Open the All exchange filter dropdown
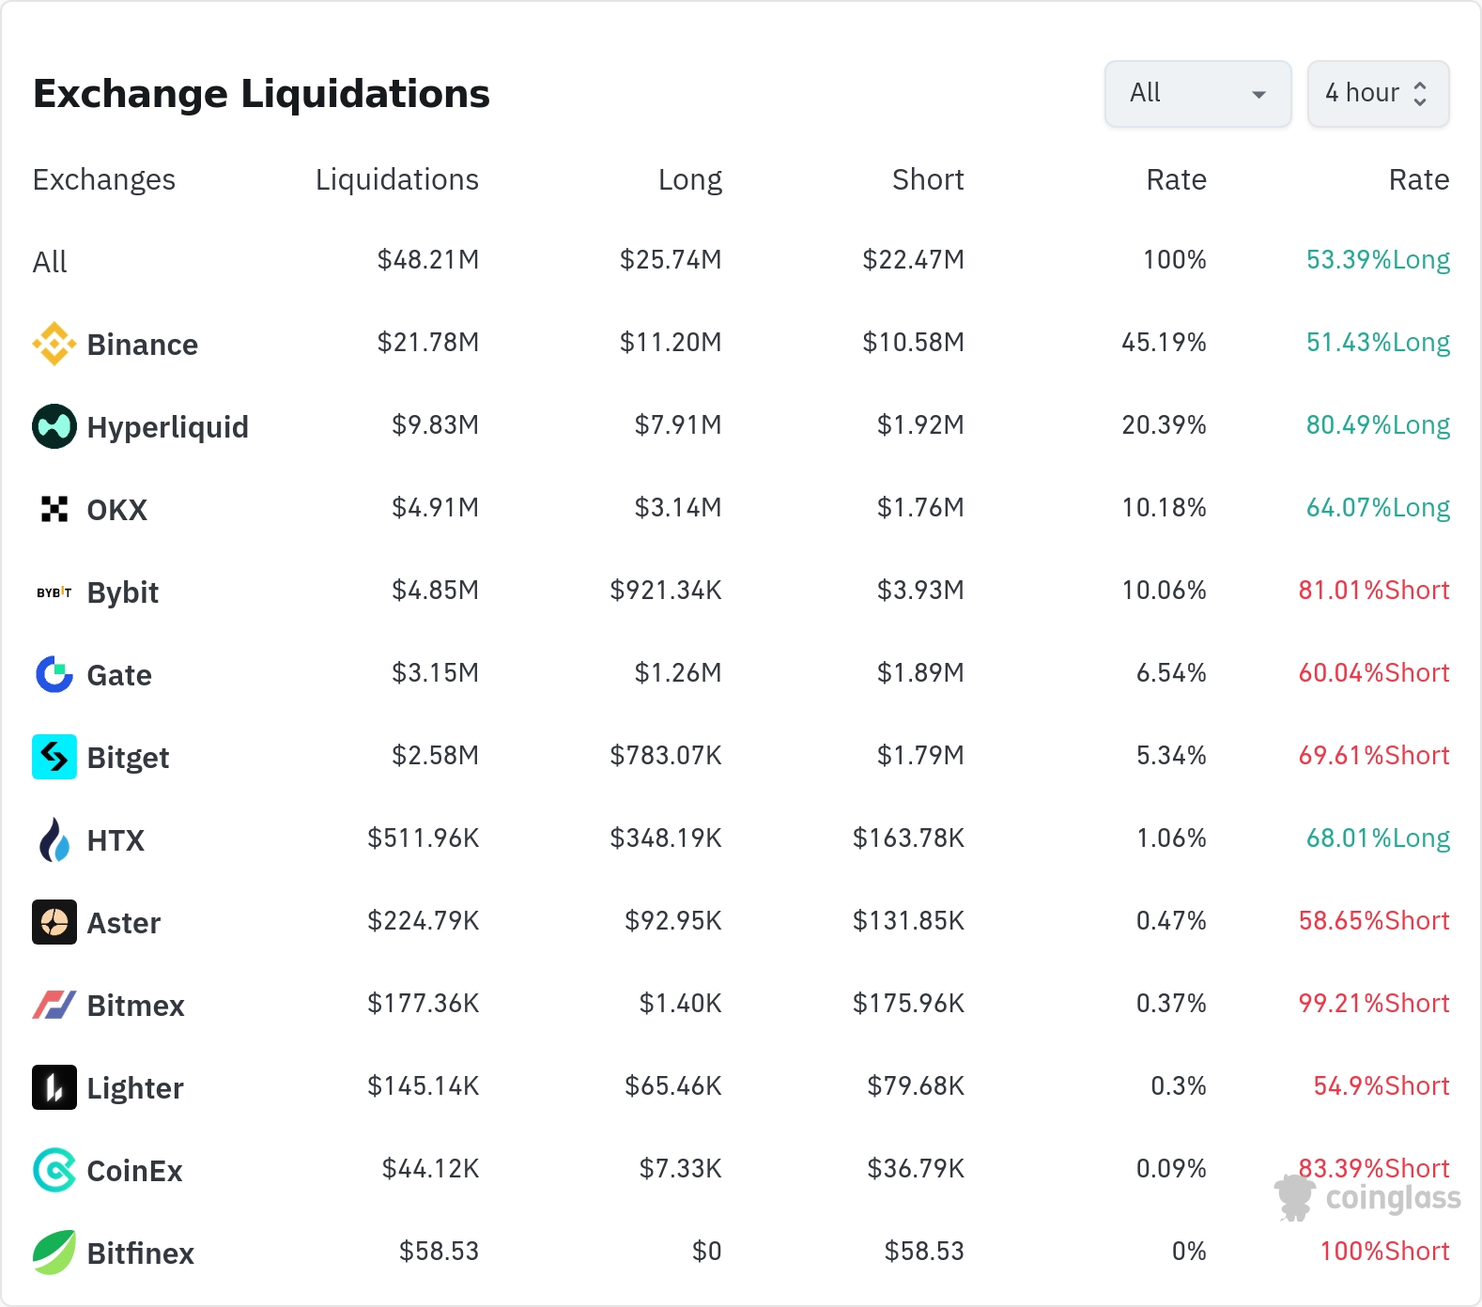click(x=1197, y=93)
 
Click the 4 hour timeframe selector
click(x=1378, y=93)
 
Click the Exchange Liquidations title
click(x=261, y=94)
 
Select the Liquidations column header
click(x=397, y=179)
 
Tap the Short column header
click(x=928, y=179)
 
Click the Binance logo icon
click(x=54, y=344)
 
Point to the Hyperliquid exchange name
click(x=168, y=427)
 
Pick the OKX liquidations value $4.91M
click(x=436, y=508)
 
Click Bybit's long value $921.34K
click(x=666, y=591)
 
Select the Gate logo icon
click(x=54, y=674)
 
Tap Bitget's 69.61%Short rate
click(x=1374, y=756)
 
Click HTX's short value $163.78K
click(x=908, y=838)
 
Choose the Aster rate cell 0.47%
click(x=1171, y=921)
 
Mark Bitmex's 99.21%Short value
click(x=1374, y=1004)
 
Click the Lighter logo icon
click(x=54, y=1087)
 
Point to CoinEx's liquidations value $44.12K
click(x=430, y=1169)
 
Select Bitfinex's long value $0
click(x=707, y=1252)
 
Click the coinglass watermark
click(x=1368, y=1198)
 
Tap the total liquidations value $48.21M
click(x=428, y=260)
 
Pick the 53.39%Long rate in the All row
click(x=1378, y=260)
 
